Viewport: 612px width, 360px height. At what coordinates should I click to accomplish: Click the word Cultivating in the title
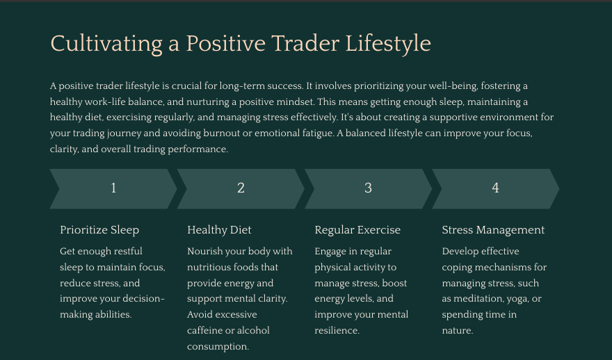coord(106,44)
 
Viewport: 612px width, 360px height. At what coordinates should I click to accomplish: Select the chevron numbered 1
coord(113,189)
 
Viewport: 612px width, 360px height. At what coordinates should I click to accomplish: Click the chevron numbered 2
coord(241,189)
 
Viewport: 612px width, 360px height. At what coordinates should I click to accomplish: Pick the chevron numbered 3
coord(368,189)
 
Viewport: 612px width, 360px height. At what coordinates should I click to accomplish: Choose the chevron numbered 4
coord(495,189)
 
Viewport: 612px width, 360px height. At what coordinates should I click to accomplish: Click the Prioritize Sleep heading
coord(99,230)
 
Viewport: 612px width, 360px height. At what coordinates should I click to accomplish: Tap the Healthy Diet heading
coord(219,230)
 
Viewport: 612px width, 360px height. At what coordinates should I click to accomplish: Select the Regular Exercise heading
coord(357,230)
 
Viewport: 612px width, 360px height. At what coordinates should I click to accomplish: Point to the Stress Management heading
coord(493,230)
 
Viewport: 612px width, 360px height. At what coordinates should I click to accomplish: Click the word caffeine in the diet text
coord(206,330)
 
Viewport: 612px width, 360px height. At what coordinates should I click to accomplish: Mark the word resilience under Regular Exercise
coord(337,330)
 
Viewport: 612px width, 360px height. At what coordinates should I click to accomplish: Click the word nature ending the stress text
coord(458,331)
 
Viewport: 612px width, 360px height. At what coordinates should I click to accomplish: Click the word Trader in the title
coord(305,44)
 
